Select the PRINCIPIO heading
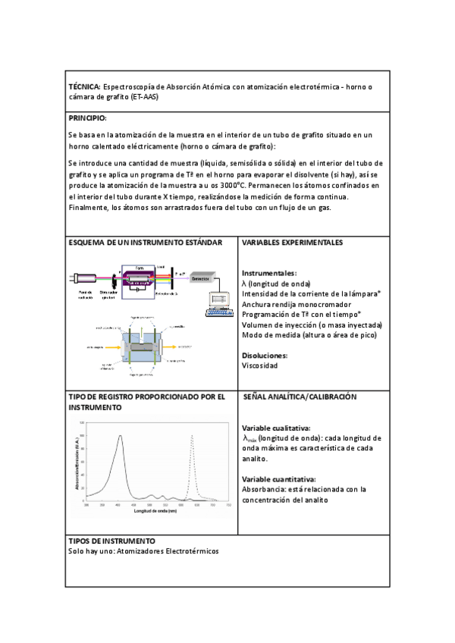point(87,118)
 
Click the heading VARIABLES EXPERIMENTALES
point(292,243)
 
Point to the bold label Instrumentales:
point(269,273)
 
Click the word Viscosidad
point(260,365)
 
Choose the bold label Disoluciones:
point(265,355)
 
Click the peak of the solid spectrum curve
point(120,436)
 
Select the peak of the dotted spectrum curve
point(192,436)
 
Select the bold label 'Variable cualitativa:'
point(276,428)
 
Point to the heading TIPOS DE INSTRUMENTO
point(111,519)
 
